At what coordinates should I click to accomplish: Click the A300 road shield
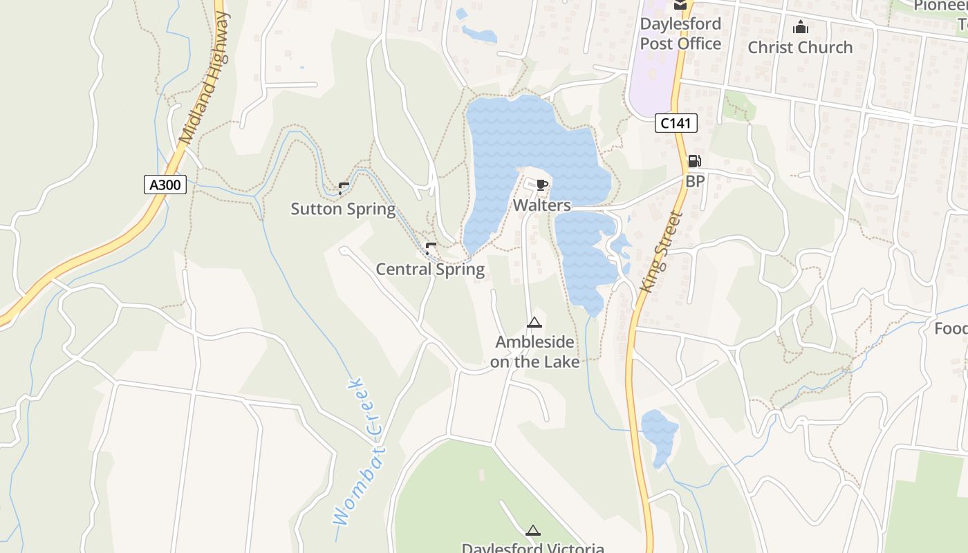[165, 185]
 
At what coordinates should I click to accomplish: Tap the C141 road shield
[676, 124]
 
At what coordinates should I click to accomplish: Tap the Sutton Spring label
[343, 209]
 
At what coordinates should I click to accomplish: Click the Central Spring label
[430, 269]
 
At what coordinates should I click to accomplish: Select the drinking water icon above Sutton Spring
[344, 187]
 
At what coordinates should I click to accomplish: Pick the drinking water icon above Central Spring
[431, 247]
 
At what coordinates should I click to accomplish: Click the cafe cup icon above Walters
[542, 185]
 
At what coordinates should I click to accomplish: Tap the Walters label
[542, 205]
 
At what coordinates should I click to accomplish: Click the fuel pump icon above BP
[694, 162]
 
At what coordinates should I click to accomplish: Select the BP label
[695, 181]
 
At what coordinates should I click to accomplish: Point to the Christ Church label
[800, 47]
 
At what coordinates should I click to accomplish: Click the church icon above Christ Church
[801, 27]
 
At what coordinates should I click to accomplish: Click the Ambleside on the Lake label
[534, 351]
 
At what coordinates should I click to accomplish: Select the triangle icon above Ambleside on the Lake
[534, 322]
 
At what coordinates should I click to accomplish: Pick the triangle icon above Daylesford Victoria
[532, 530]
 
